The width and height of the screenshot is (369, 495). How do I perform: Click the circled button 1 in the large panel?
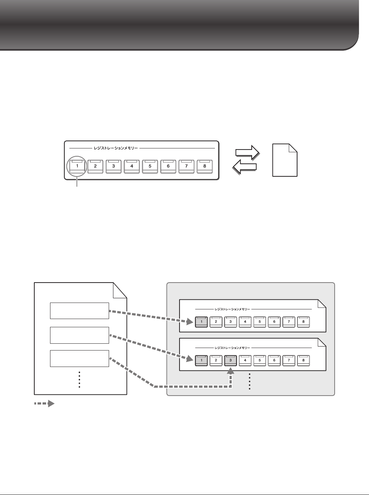(77, 166)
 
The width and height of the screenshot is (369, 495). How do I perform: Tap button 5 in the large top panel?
(150, 166)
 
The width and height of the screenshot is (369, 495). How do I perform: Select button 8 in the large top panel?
(205, 166)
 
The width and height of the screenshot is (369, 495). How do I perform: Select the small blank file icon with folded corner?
(285, 160)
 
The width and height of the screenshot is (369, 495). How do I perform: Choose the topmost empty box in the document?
(79, 310)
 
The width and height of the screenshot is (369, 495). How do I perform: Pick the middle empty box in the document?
(79, 334)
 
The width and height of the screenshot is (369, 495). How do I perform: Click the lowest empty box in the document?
(79, 358)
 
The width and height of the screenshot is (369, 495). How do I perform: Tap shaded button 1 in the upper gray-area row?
(201, 322)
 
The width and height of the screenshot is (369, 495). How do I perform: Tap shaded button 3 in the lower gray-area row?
(231, 360)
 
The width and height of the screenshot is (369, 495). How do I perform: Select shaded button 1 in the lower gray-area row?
(201, 360)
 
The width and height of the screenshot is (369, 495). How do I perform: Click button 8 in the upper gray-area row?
(303, 322)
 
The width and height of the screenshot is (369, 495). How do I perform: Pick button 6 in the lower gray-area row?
(274, 360)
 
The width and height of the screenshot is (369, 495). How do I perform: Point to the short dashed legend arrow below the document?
(44, 403)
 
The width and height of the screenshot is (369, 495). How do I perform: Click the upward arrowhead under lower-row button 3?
(231, 372)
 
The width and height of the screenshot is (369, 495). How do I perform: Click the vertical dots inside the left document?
(79, 380)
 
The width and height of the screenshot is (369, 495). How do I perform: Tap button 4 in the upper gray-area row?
(245, 322)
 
